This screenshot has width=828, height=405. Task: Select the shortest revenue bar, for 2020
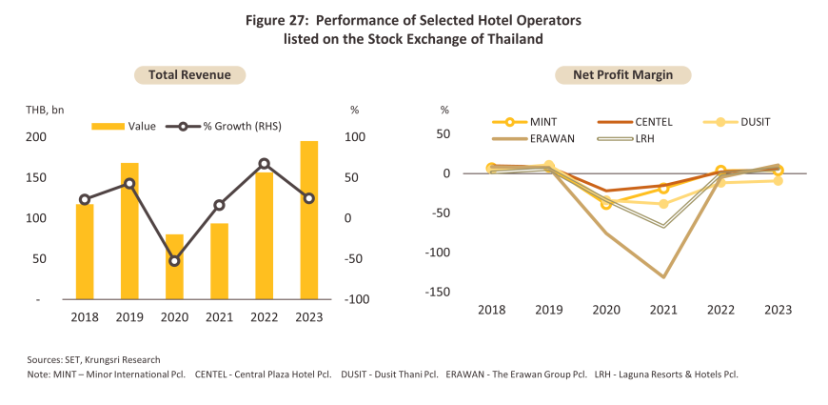(x=174, y=267)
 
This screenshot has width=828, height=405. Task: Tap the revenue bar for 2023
(x=308, y=220)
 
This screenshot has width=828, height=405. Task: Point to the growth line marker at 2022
(x=264, y=164)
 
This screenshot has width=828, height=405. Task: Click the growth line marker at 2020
(x=174, y=260)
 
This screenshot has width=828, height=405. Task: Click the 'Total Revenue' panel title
(x=189, y=74)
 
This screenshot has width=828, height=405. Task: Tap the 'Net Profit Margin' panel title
(x=631, y=74)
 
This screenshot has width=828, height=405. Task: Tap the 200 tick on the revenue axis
(x=35, y=137)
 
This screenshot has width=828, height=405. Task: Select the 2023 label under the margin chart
(x=778, y=310)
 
